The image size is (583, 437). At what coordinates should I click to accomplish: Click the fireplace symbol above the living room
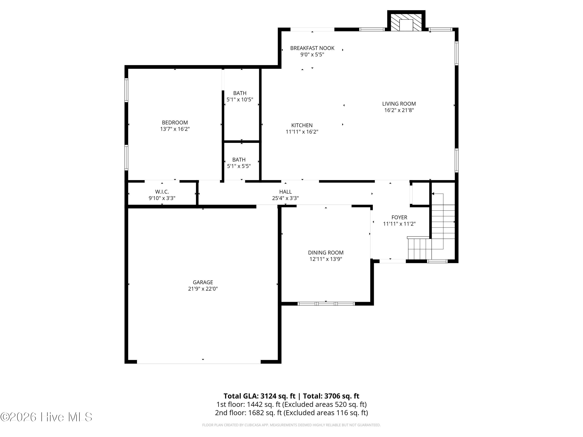tap(406, 22)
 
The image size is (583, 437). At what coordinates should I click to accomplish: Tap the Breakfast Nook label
tap(312, 48)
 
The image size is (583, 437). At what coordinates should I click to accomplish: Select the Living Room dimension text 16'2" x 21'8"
tap(399, 110)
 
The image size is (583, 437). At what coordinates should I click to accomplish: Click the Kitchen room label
tap(302, 125)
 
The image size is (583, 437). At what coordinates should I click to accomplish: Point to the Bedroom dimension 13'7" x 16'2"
tap(175, 129)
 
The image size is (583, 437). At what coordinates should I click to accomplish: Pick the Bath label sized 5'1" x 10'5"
tap(240, 96)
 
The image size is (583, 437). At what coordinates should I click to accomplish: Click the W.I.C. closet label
tap(162, 192)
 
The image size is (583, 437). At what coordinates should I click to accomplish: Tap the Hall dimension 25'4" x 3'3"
tap(285, 198)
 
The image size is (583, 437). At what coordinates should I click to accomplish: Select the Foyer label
tap(399, 217)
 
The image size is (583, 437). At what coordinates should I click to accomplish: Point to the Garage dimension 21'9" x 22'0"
tap(203, 289)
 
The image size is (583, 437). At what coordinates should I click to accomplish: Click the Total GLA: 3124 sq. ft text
tap(260, 396)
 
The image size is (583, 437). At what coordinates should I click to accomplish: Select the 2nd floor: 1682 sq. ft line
tap(291, 413)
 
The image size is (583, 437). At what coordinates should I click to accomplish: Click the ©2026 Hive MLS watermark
tap(46, 417)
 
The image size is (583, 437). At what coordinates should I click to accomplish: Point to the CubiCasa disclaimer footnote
tap(291, 425)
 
